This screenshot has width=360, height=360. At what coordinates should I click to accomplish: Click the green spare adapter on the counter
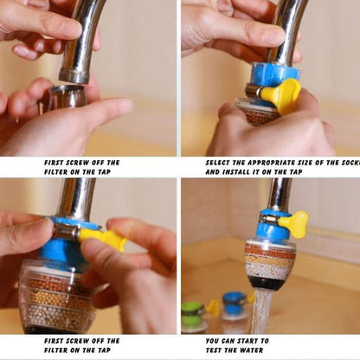click(193, 313)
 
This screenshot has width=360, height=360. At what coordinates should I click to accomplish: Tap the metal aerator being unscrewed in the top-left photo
click(67, 96)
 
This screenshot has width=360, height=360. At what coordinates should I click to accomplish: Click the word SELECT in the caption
click(220, 162)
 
